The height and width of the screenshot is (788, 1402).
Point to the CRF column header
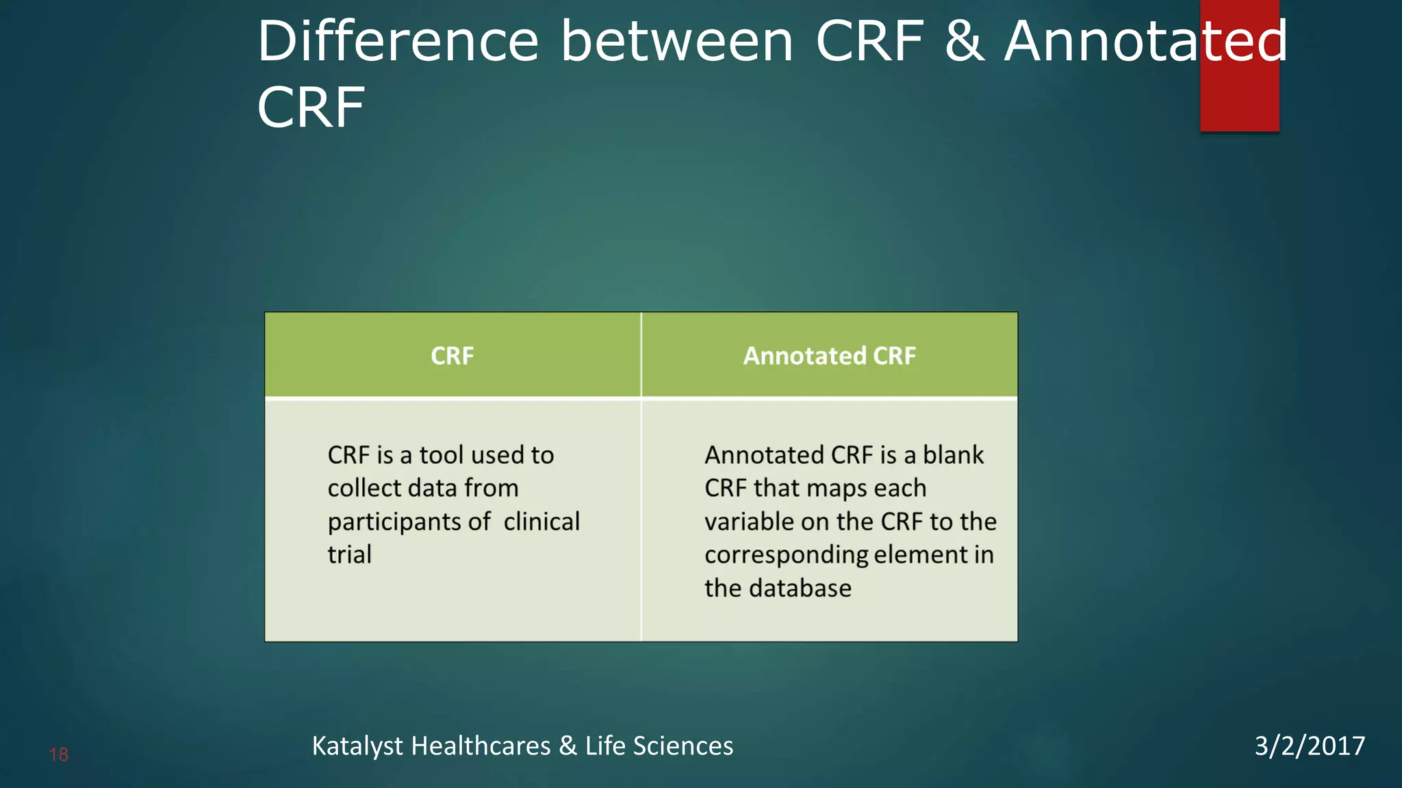tap(452, 356)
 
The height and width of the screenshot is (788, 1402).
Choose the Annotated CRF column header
tap(829, 356)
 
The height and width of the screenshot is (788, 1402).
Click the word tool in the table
tap(442, 455)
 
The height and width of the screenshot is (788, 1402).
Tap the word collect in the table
tap(364, 488)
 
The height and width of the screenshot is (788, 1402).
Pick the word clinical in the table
tap(541, 522)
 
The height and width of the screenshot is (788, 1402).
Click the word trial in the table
tap(349, 555)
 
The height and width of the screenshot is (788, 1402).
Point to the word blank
tap(953, 455)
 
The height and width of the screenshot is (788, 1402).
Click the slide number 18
tap(59, 754)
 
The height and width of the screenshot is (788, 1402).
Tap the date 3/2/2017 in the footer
tap(1309, 746)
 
